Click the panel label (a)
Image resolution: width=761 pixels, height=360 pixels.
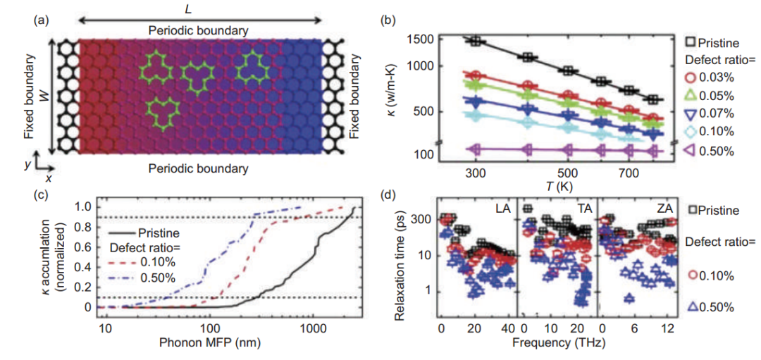[40, 20]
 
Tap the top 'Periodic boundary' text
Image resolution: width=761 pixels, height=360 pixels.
[198, 31]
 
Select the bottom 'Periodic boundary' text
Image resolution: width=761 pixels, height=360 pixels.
[198, 168]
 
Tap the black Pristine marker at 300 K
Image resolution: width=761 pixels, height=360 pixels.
[476, 41]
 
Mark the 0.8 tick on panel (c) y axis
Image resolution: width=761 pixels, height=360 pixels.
[85, 227]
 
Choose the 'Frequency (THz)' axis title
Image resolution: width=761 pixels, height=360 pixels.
[560, 345]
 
